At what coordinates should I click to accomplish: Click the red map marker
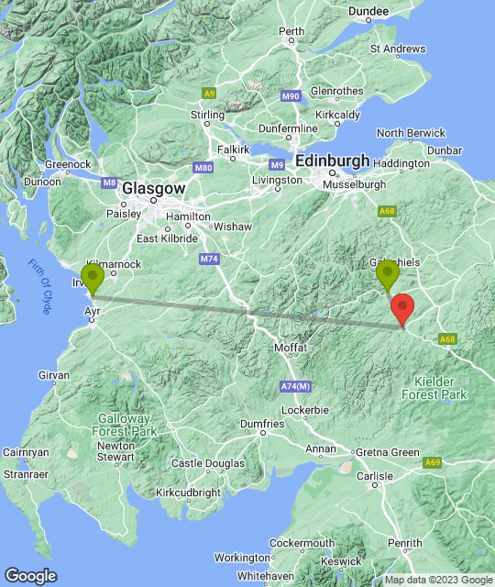pyautogui.click(x=401, y=308)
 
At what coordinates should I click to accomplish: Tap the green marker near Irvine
pyautogui.click(x=92, y=278)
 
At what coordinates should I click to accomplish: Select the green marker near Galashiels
pyautogui.click(x=388, y=274)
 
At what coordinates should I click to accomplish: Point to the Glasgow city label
pyautogui.click(x=154, y=187)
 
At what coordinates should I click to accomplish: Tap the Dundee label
pyautogui.click(x=368, y=11)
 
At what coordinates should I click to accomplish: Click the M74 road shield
pyautogui.click(x=209, y=260)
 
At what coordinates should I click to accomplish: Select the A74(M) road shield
pyautogui.click(x=295, y=387)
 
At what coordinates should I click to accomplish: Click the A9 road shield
pyautogui.click(x=209, y=93)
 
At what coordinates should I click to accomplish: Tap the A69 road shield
pyautogui.click(x=433, y=463)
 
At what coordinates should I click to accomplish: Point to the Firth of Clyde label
pyautogui.click(x=38, y=287)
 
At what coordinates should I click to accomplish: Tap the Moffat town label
pyautogui.click(x=291, y=349)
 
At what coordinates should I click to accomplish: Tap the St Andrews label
pyautogui.click(x=398, y=49)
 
